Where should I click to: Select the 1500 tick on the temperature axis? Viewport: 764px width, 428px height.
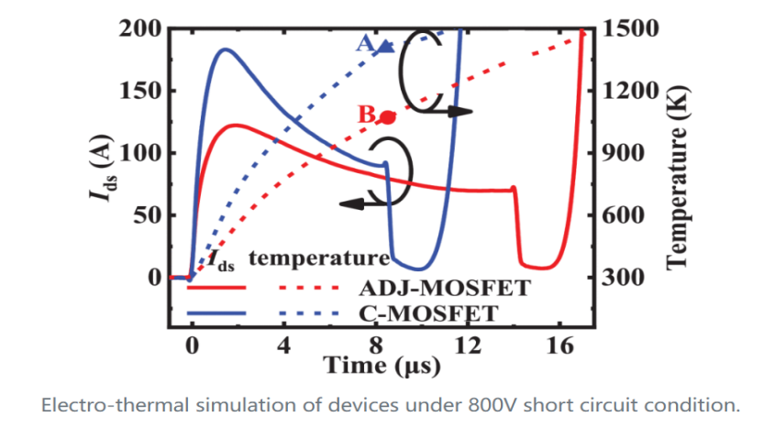click(x=626, y=28)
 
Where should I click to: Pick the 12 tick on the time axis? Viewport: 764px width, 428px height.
click(x=469, y=346)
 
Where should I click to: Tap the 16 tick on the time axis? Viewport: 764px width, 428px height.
click(x=561, y=346)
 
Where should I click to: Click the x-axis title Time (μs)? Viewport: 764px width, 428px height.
click(x=382, y=368)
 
